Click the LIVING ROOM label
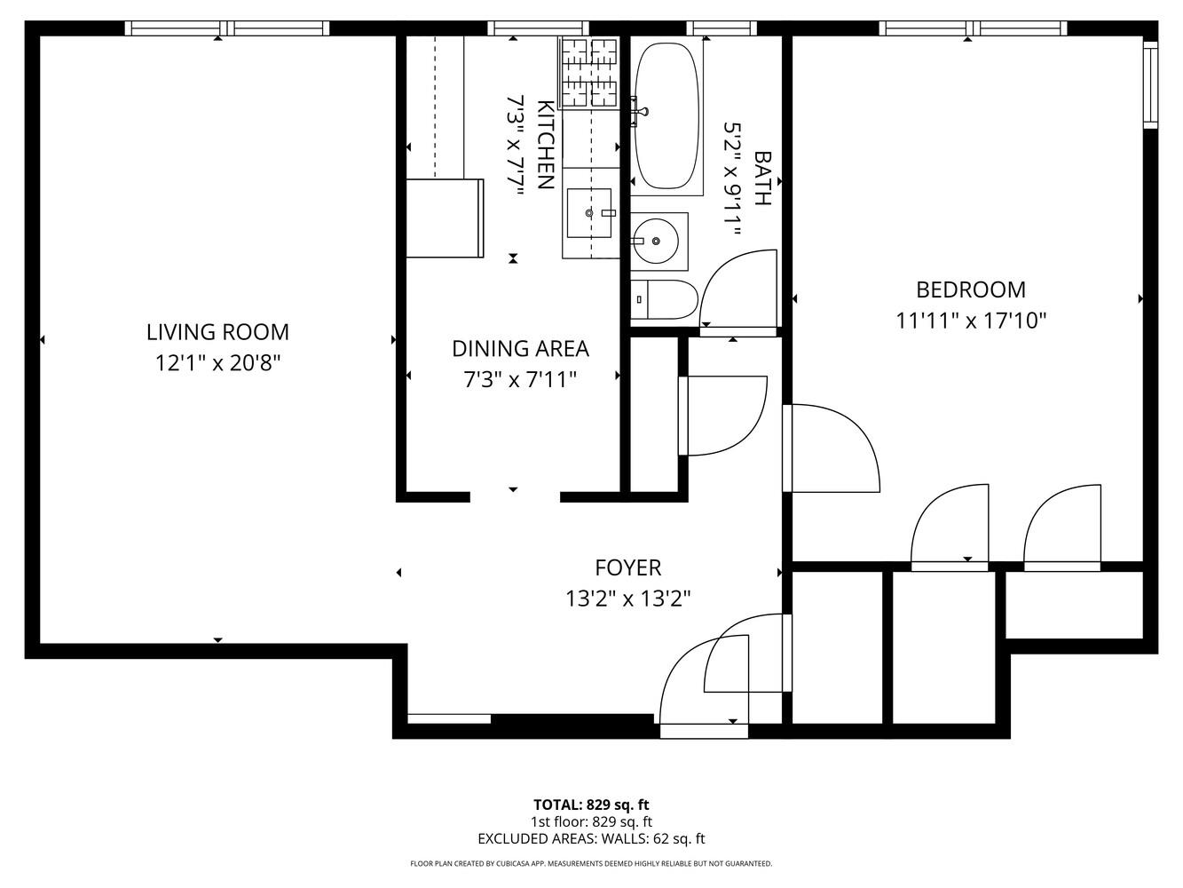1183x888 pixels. [x=217, y=332]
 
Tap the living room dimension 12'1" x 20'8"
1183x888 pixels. [x=217, y=362]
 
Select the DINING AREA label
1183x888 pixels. [x=520, y=348]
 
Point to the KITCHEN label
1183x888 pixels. [x=546, y=145]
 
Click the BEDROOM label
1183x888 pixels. [x=971, y=289]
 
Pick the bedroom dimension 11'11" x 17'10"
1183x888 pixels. [x=971, y=320]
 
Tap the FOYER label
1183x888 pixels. [x=627, y=567]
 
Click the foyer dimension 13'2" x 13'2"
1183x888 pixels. [x=627, y=599]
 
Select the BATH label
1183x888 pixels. [x=761, y=178]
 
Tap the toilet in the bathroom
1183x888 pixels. [x=664, y=301]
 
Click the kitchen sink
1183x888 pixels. [x=589, y=213]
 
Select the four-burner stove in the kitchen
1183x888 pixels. [x=589, y=73]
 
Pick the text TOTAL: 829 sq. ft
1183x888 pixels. [x=591, y=805]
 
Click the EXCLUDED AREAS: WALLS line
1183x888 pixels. [x=591, y=838]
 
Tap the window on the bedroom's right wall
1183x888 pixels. [x=1150, y=84]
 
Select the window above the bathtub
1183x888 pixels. [x=722, y=28]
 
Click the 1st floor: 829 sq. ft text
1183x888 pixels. [x=591, y=821]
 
